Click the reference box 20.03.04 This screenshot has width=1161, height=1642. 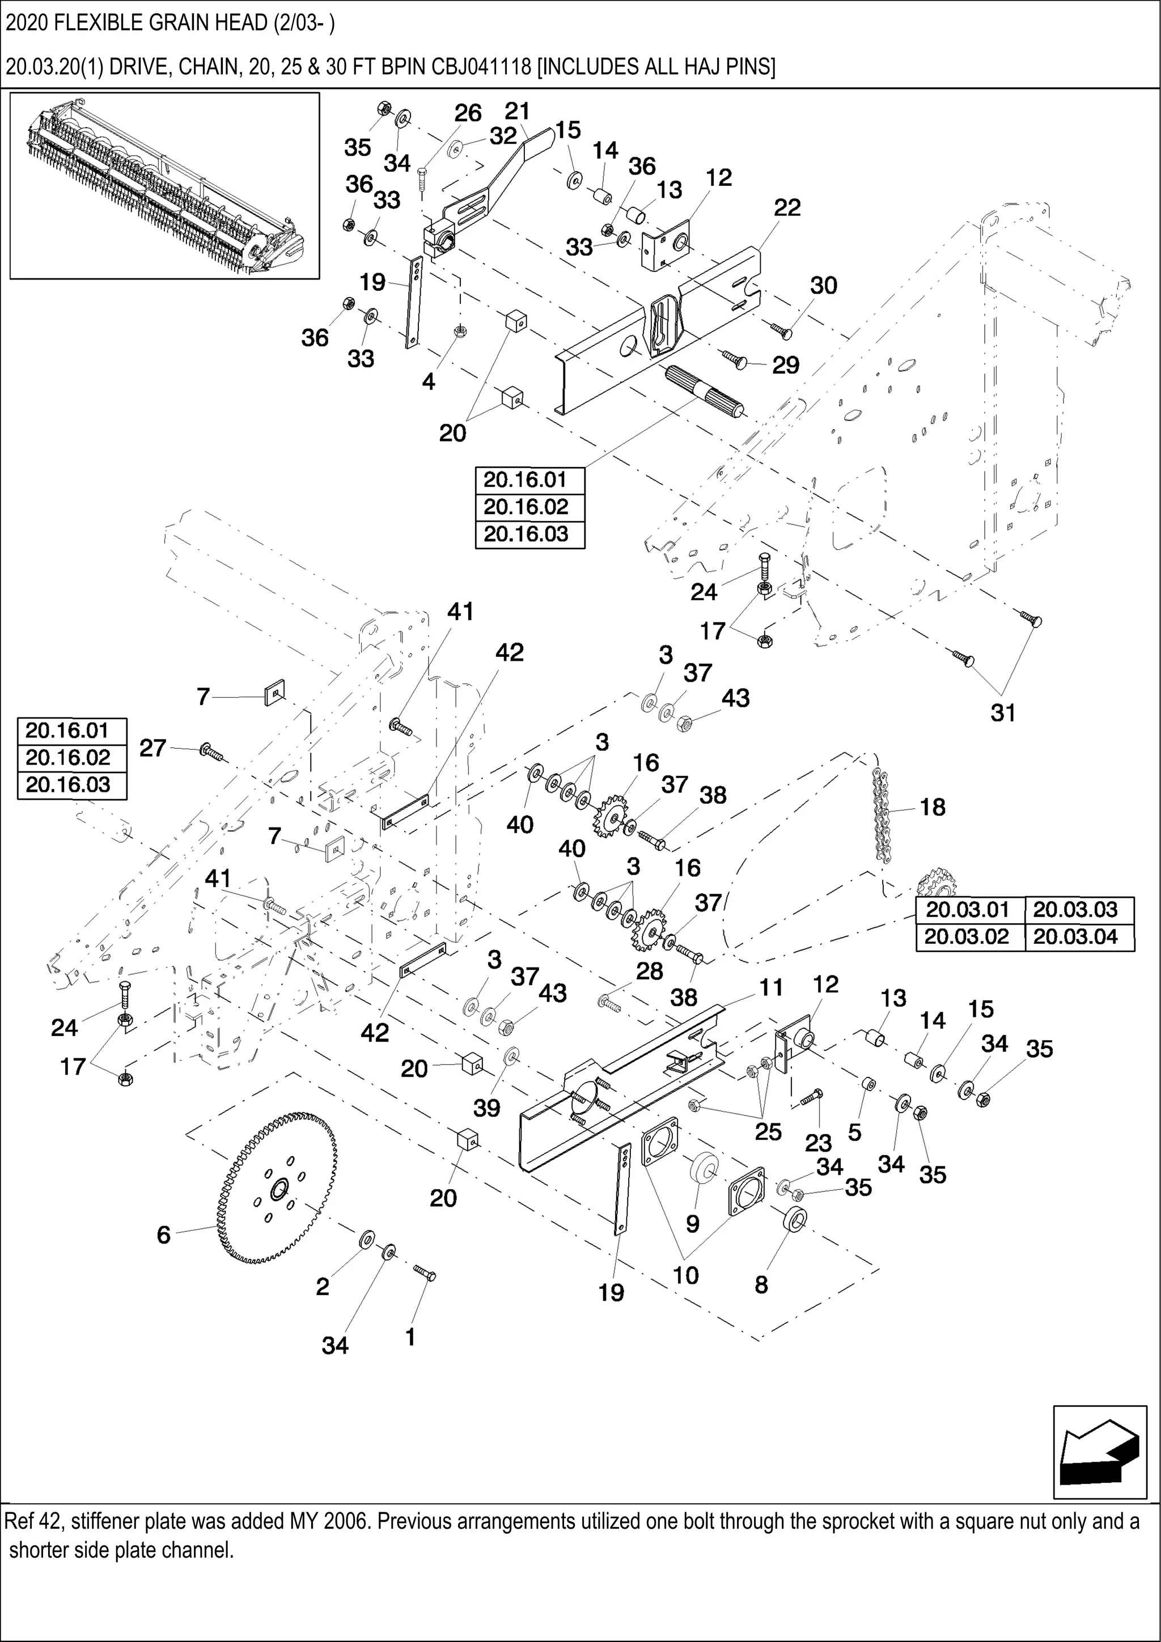[x=1079, y=936]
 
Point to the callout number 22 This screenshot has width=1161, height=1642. [x=787, y=208]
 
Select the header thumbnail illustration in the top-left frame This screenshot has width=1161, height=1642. [x=164, y=185]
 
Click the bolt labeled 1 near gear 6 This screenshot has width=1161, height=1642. [x=426, y=1274]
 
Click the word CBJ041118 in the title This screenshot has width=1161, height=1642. [x=481, y=67]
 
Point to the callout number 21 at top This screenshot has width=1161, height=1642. [x=516, y=112]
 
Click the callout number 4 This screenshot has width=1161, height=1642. [x=428, y=382]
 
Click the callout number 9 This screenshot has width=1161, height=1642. [x=692, y=1224]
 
